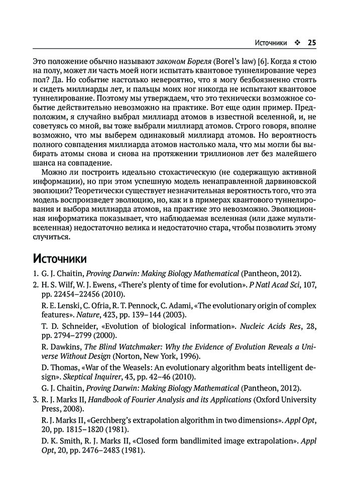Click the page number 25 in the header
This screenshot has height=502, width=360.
coord(311,43)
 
